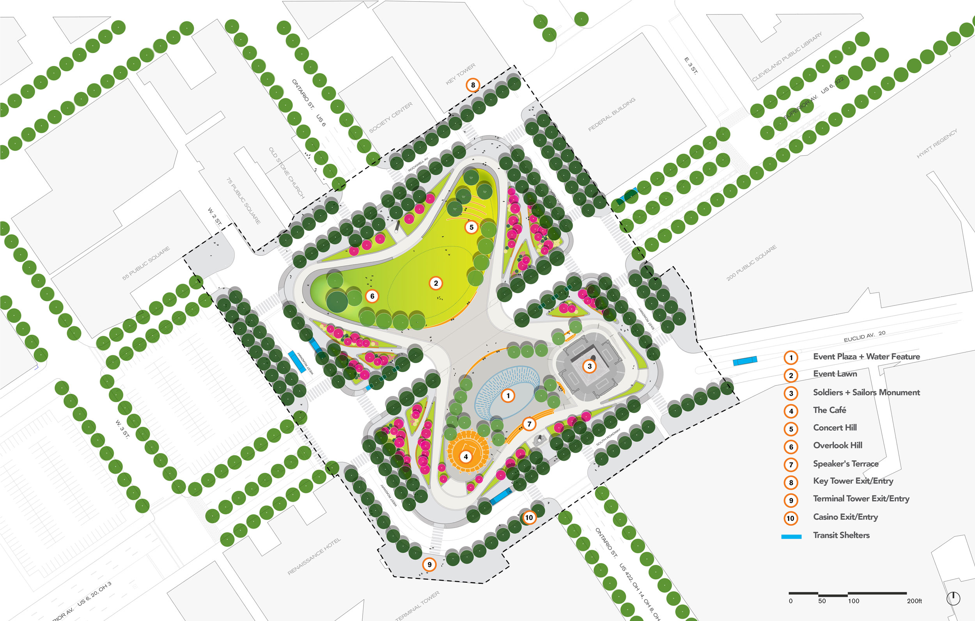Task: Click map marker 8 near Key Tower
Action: click(x=473, y=85)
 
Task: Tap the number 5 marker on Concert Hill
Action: click(x=471, y=227)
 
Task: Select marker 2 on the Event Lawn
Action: click(x=436, y=283)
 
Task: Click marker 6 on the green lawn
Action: click(x=372, y=296)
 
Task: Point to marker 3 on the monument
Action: click(x=590, y=366)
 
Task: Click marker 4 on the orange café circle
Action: click(x=466, y=456)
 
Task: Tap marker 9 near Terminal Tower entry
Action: click(x=429, y=564)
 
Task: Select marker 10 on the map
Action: click(x=529, y=517)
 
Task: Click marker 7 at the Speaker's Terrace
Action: click(x=529, y=424)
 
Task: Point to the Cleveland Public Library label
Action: click(x=787, y=57)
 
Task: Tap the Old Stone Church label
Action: click(x=286, y=172)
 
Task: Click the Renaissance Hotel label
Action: click(x=314, y=556)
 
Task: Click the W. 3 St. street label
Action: click(x=122, y=429)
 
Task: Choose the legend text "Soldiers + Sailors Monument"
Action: click(x=866, y=392)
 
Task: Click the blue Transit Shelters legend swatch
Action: click(x=791, y=536)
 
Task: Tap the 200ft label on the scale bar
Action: click(x=914, y=601)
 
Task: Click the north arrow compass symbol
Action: click(x=953, y=598)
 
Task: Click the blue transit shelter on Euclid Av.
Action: click(x=745, y=361)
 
